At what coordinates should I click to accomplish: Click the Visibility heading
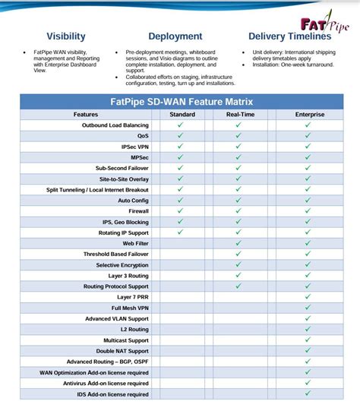tap(66, 36)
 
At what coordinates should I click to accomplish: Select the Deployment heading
tap(175, 36)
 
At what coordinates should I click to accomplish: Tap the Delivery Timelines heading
tap(289, 36)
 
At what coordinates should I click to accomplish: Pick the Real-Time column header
tap(239, 115)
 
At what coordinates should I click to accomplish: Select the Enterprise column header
tap(309, 115)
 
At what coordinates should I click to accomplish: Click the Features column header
tap(85, 115)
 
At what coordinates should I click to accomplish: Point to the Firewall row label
tap(138, 211)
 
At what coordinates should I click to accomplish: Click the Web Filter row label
tap(136, 243)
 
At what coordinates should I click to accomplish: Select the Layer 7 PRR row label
tap(131, 297)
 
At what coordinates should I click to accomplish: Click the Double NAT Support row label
tap(123, 351)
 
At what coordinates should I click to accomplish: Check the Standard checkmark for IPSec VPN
tap(181, 146)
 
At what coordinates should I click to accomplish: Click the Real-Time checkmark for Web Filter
tap(238, 243)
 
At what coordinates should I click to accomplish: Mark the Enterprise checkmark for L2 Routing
tap(308, 330)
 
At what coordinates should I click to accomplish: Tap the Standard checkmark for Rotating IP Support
tap(181, 232)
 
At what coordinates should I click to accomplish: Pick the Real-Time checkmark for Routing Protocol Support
tap(238, 286)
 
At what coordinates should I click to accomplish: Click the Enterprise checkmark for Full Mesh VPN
tap(308, 308)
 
